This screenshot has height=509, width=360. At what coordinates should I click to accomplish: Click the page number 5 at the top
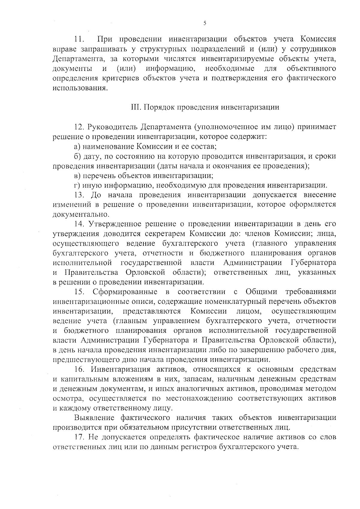coord(204,23)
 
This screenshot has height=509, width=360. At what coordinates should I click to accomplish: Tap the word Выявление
coord(94,418)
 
